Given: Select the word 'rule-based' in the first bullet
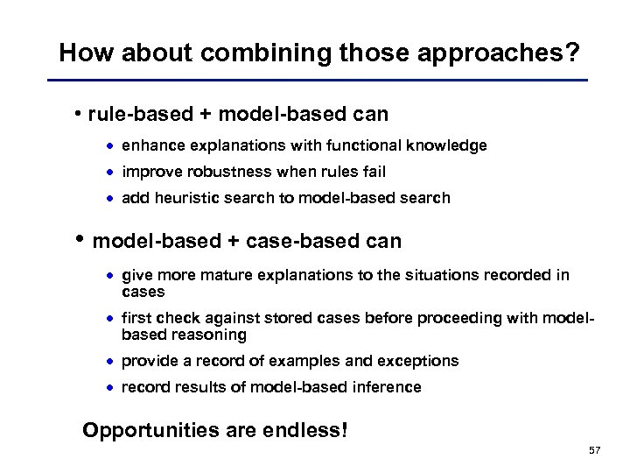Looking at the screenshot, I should (128, 114).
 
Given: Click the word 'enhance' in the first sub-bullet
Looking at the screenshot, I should (149, 145).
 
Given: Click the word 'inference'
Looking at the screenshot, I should (388, 387).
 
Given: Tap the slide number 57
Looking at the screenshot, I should (595, 450).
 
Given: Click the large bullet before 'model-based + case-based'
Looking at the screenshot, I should (80, 239).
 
